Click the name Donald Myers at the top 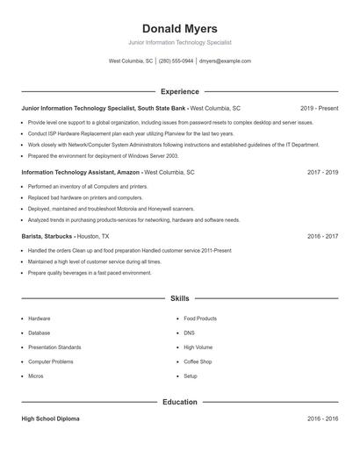click(x=179, y=29)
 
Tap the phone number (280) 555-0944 click(x=176, y=61)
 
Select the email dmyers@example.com click(x=225, y=61)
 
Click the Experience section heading click(x=179, y=91)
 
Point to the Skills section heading click(x=179, y=299)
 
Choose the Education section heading click(x=179, y=402)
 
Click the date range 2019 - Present click(x=319, y=109)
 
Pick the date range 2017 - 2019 click(x=322, y=173)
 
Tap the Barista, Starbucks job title click(x=47, y=237)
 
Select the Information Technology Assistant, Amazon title click(x=80, y=173)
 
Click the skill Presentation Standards click(x=54, y=347)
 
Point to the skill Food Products click(x=200, y=318)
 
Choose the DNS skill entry click(x=190, y=333)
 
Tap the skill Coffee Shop click(x=198, y=361)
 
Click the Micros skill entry click(x=36, y=376)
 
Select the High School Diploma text click(x=51, y=419)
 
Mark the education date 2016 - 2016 click(x=322, y=419)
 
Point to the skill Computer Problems click(x=51, y=361)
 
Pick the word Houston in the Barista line click(x=90, y=237)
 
